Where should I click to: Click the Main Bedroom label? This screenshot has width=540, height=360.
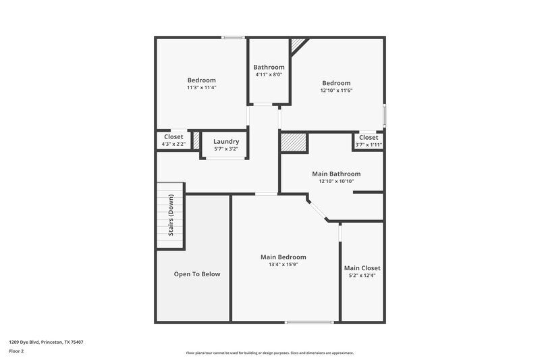(x=283, y=257)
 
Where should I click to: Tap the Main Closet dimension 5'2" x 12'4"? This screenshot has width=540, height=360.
(x=362, y=276)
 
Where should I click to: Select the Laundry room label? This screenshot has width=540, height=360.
(x=226, y=141)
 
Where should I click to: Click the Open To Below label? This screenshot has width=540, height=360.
(x=197, y=274)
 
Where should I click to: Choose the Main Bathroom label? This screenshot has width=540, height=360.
(x=335, y=174)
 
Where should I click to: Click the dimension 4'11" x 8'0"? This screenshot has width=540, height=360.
(x=269, y=75)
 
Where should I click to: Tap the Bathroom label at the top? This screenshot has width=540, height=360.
(x=269, y=67)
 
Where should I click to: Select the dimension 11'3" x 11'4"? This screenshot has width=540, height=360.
(x=201, y=88)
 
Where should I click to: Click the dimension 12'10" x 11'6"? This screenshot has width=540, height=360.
(x=336, y=91)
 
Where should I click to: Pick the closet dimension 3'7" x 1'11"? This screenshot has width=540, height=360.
(x=369, y=145)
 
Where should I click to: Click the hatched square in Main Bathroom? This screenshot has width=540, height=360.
(x=294, y=143)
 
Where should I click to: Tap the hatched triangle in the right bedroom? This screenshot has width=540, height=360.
(x=298, y=45)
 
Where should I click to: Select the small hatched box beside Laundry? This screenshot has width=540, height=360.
(x=196, y=140)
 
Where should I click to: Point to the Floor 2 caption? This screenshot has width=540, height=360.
(x=16, y=351)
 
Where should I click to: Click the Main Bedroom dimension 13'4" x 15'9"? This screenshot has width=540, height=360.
(x=283, y=264)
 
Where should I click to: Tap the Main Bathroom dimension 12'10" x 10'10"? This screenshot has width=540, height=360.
(x=335, y=181)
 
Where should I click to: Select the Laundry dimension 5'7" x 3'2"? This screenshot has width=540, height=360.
(x=226, y=149)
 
